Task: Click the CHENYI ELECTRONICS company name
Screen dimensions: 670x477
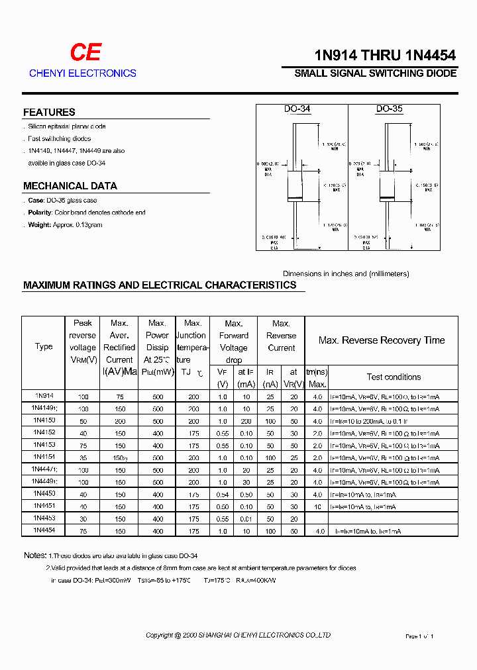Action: pyautogui.click(x=83, y=73)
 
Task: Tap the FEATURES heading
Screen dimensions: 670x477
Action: pyautogui.click(x=49, y=113)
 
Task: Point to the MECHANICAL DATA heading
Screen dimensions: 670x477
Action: pyautogui.click(x=70, y=186)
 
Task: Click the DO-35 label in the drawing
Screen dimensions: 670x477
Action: pyautogui.click(x=389, y=109)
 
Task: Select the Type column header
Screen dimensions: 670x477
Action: pyautogui.click(x=44, y=346)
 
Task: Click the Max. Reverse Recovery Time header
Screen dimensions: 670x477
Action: pyautogui.click(x=381, y=340)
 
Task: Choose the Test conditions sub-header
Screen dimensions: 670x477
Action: pyautogui.click(x=394, y=377)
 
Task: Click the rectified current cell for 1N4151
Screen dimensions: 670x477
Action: pyautogui.click(x=120, y=457)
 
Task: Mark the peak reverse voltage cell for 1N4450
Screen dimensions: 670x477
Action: pyautogui.click(x=83, y=494)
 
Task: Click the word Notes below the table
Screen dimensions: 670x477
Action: pyautogui.click(x=34, y=555)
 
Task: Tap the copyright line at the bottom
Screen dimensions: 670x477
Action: pyautogui.click(x=238, y=636)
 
